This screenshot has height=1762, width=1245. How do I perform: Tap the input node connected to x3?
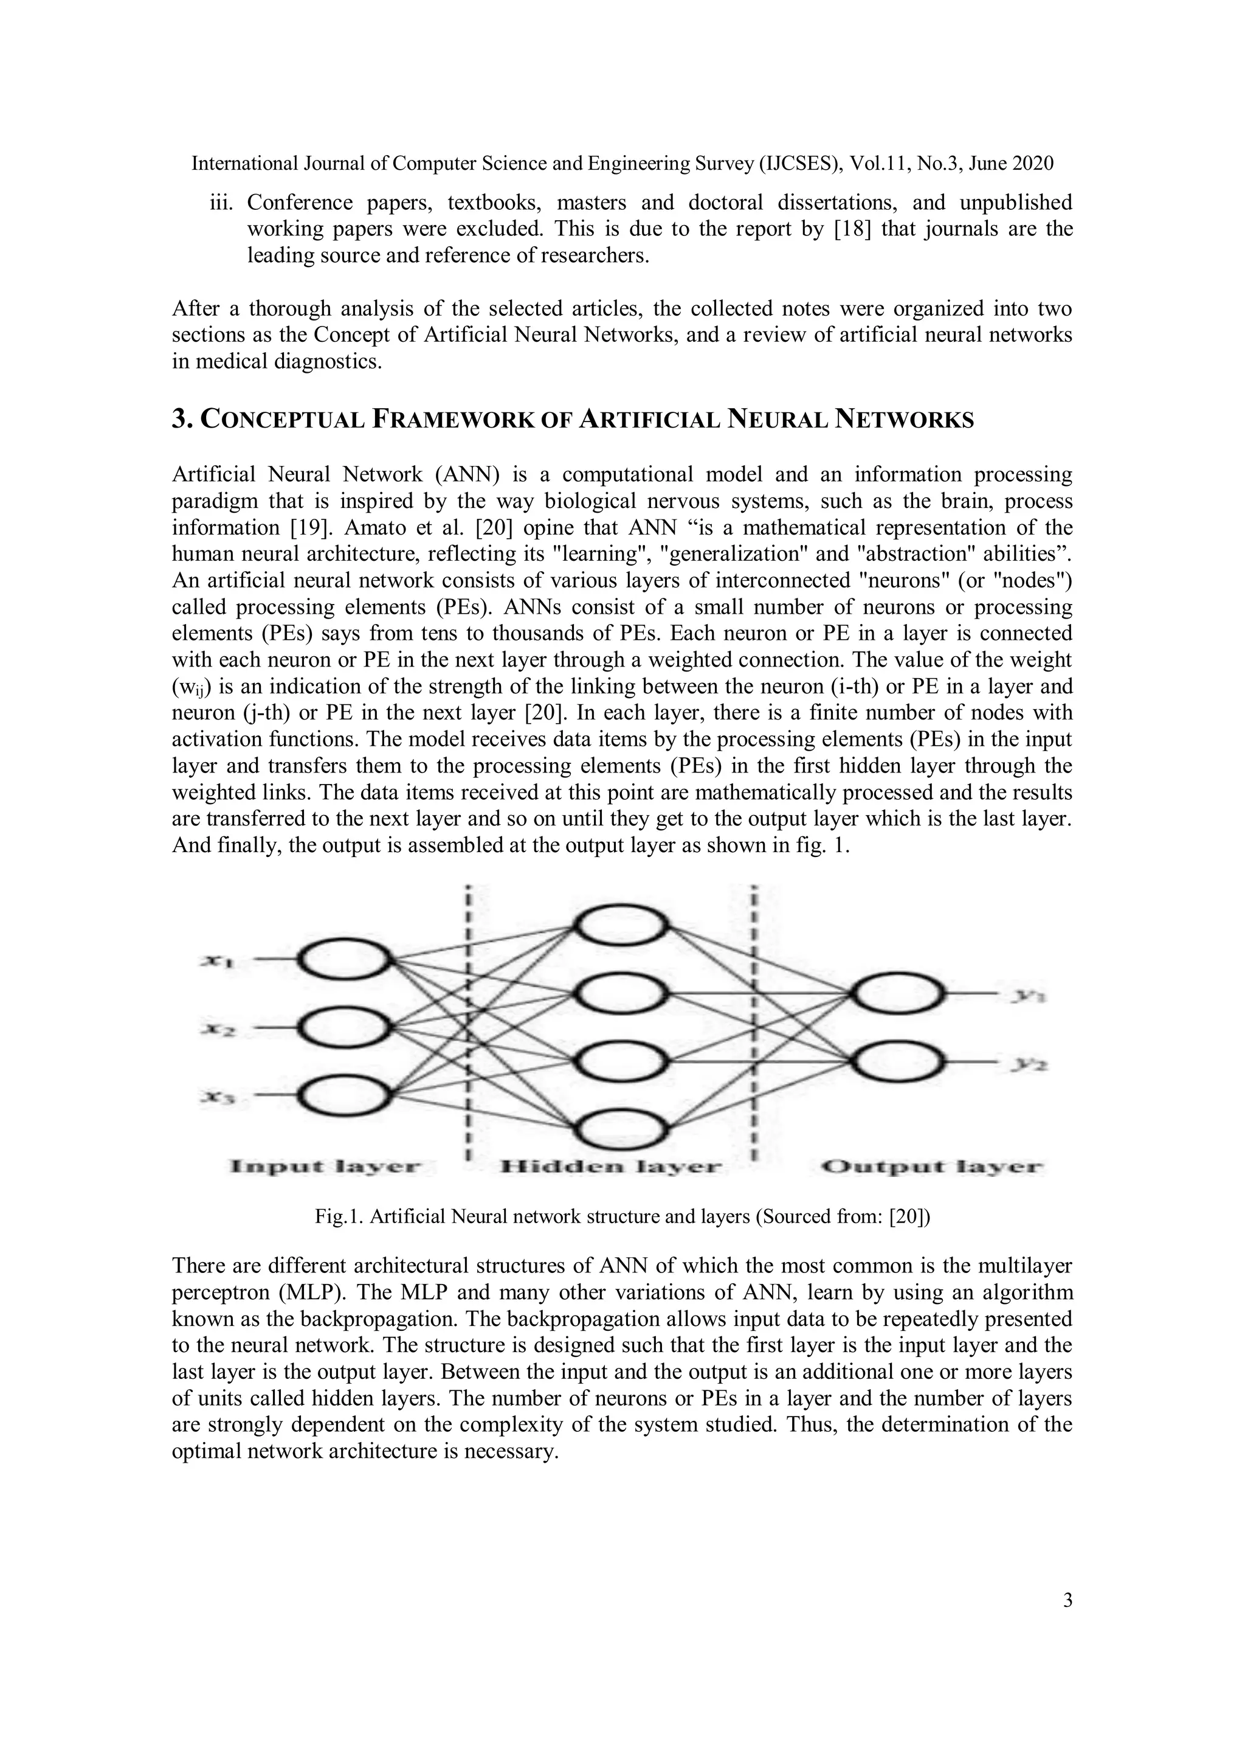click(343, 1096)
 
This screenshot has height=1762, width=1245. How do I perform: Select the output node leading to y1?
click(897, 994)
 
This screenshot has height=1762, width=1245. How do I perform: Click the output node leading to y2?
click(897, 1062)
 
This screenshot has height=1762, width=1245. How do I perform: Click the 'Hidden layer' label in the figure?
click(610, 1167)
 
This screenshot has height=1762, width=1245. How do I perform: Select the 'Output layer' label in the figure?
click(932, 1167)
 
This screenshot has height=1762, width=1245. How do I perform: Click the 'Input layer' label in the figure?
click(326, 1167)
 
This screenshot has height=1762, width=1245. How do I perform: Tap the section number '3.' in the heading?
click(181, 420)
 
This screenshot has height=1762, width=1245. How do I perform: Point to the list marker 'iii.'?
click(222, 203)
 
